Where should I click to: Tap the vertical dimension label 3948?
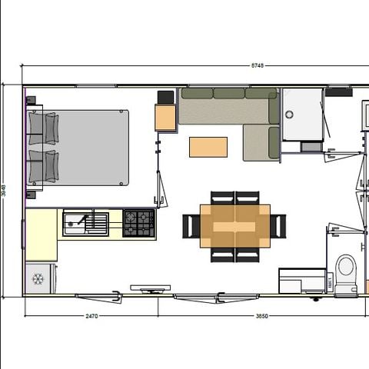pyautogui.click(x=5, y=190)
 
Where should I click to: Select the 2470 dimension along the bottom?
pyautogui.click(x=91, y=315)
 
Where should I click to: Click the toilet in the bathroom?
pyautogui.click(x=345, y=273)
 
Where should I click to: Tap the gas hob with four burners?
pyautogui.click(x=138, y=223)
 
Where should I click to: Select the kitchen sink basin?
pyautogui.click(x=76, y=223)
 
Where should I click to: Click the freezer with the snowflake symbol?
pyautogui.click(x=38, y=278)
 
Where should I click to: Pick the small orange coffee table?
pyautogui.click(x=208, y=147)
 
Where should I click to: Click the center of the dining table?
pyautogui.click(x=235, y=226)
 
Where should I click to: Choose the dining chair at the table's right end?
pyautogui.click(x=278, y=226)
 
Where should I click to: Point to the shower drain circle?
pyautogui.click(x=289, y=114)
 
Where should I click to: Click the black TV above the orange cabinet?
pyautogui.click(x=165, y=97)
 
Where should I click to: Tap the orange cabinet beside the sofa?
pyautogui.click(x=165, y=118)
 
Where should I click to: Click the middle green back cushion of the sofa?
pyautogui.click(x=228, y=93)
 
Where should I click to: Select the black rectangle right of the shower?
pyautogui.click(x=338, y=91)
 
